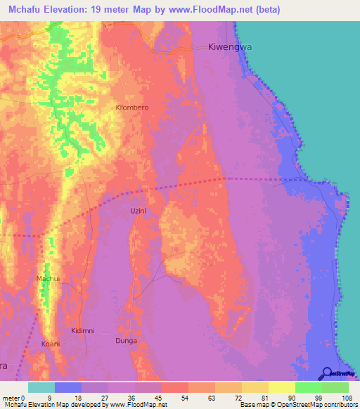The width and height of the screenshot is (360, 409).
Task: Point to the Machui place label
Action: pos(47,279)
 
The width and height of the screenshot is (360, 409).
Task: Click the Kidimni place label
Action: pos(83,330)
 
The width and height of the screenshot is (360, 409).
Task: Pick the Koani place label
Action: pos(51,344)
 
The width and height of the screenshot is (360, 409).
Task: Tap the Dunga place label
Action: pos(126,341)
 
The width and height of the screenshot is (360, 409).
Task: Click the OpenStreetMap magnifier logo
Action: pos(327,374)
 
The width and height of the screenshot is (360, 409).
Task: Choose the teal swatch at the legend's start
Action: pos(41,387)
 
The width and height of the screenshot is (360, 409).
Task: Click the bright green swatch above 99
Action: pos(309,387)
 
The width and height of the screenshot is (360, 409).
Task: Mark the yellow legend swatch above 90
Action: pos(282,387)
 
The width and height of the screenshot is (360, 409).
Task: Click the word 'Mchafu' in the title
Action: pos(23,9)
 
